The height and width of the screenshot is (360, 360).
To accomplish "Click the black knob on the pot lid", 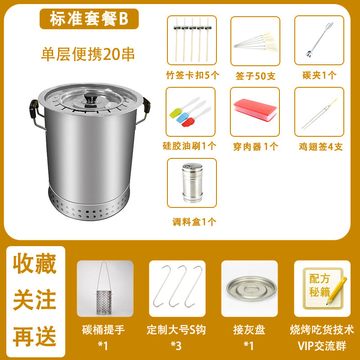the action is (x=90, y=97).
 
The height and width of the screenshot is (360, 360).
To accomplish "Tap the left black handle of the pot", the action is (x=34, y=108).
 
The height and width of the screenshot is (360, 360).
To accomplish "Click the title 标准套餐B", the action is (x=89, y=19).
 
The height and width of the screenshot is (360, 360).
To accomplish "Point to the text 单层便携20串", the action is (x=88, y=54).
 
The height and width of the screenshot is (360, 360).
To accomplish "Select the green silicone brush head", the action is (x=175, y=113).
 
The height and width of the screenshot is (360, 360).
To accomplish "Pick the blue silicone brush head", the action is (x=182, y=117).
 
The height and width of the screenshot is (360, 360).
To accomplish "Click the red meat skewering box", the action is (x=255, y=110).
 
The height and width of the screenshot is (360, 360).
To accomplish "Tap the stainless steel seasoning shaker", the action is (x=193, y=183).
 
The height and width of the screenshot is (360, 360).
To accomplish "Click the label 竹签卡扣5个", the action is (x=193, y=75).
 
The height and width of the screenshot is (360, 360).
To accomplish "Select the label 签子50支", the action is (x=255, y=76).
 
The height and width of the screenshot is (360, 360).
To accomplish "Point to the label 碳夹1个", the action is (x=319, y=75).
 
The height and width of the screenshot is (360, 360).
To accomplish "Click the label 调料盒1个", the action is (x=194, y=222).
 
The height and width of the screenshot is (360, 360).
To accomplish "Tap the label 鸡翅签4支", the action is (x=320, y=147).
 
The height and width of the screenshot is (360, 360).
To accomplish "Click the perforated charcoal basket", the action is (x=104, y=302).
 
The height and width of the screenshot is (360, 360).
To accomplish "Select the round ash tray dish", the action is (x=251, y=288).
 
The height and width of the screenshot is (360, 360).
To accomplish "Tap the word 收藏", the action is (x=35, y=264).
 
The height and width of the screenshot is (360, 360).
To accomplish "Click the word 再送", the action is (x=35, y=336).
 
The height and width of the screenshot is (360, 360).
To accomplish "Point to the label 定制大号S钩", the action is (x=176, y=330).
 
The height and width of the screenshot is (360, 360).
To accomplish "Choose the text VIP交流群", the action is (x=322, y=346).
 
